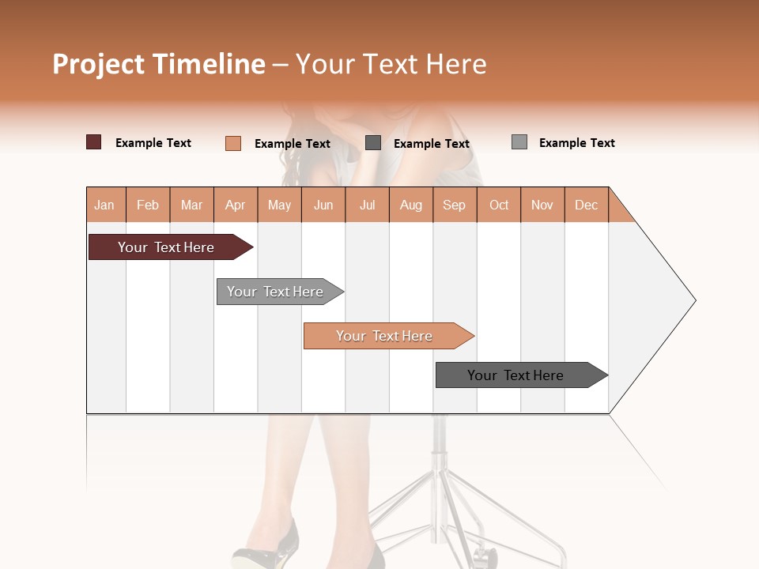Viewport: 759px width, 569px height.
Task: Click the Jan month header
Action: (105, 205)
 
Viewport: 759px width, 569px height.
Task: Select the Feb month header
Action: (148, 205)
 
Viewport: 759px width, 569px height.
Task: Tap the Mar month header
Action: (191, 205)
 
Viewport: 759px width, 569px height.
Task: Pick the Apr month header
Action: (235, 205)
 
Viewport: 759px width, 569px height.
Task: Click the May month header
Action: (279, 205)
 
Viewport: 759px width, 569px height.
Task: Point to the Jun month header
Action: (323, 205)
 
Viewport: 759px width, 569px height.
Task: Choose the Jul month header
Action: (367, 205)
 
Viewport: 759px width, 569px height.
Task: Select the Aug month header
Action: (410, 205)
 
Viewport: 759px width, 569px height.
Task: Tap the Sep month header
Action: (454, 205)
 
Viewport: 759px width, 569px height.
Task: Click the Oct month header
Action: (499, 205)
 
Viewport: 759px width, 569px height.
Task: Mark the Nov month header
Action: (542, 205)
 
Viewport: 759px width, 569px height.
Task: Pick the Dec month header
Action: (586, 205)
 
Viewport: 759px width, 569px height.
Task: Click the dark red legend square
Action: (94, 142)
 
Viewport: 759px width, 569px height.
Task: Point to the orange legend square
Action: (233, 143)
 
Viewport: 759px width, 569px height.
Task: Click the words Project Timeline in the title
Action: (159, 64)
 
